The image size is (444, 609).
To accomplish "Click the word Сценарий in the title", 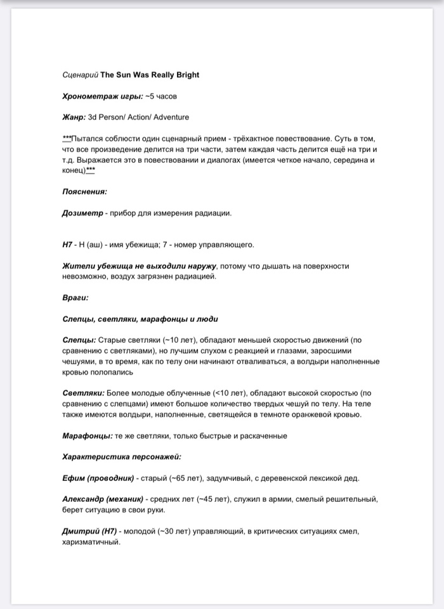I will pyautogui.click(x=80, y=75).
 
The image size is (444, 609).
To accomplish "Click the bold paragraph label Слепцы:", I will pyautogui.click(x=79, y=340).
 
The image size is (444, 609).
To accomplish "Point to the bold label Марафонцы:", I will pyautogui.click(x=88, y=436).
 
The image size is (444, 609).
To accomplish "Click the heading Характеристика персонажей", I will pyautogui.click(x=122, y=457).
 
